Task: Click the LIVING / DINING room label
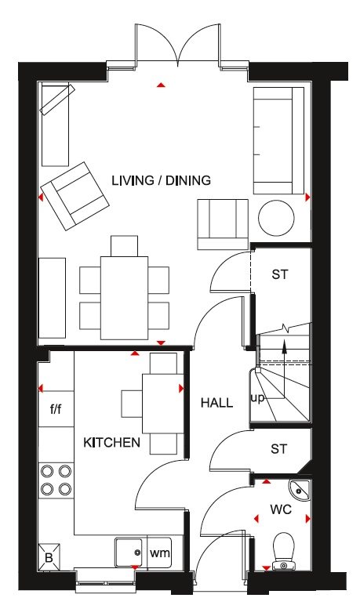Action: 161,181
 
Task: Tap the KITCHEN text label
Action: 111,443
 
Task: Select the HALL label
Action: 217,403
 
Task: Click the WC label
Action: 281,509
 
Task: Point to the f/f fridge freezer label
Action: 56,409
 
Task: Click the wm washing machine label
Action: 160,553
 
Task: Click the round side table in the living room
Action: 276,219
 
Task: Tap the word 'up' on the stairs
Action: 258,398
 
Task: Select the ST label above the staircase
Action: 280,274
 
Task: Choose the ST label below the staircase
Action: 279,448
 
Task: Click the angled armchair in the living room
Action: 75,196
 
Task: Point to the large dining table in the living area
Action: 124,298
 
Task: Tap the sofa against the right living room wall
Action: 278,140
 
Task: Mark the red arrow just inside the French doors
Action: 160,85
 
